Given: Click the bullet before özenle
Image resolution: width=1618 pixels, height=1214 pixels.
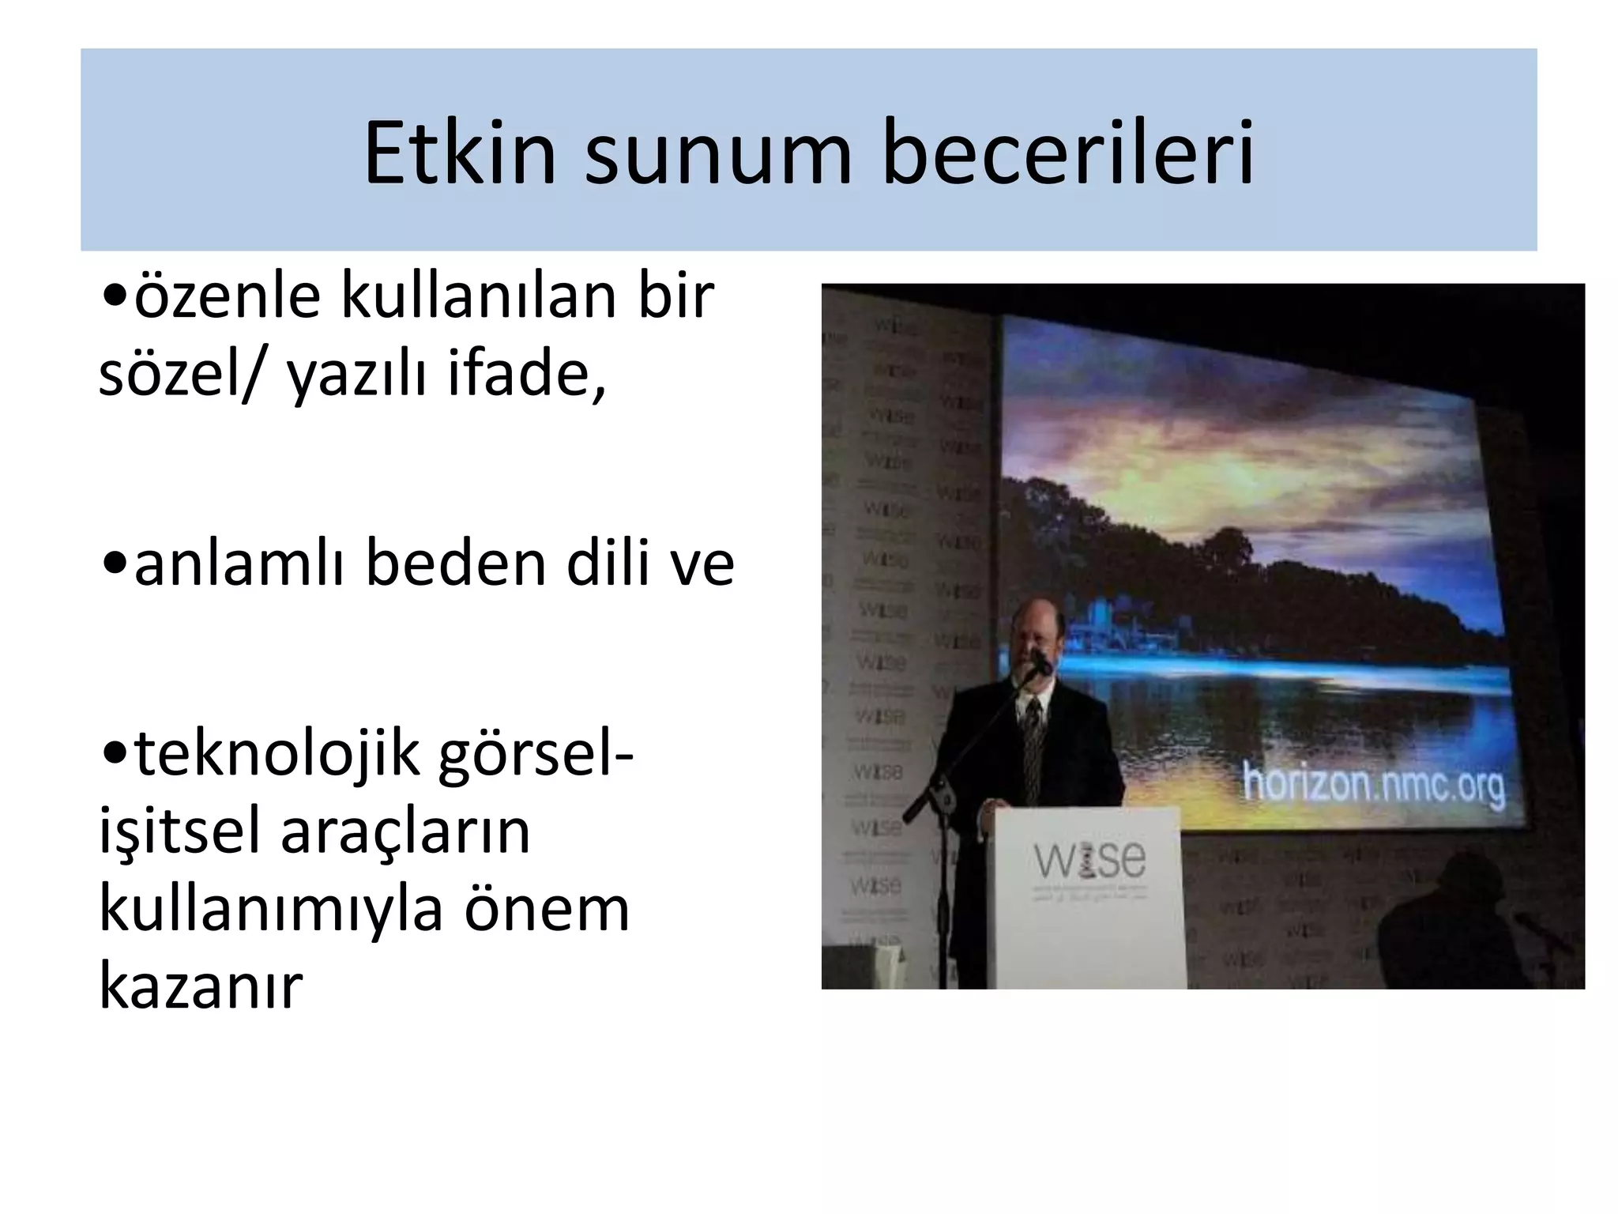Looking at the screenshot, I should pyautogui.click(x=115, y=296).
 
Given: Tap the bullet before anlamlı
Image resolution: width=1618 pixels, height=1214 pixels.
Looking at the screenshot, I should pyautogui.click(x=115, y=564).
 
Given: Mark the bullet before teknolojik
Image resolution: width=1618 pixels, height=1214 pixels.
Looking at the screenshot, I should pyautogui.click(x=115, y=755).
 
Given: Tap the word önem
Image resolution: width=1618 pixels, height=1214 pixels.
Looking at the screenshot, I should pyautogui.click(x=547, y=909).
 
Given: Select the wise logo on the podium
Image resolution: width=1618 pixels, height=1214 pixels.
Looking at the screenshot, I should pyautogui.click(x=1089, y=861).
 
